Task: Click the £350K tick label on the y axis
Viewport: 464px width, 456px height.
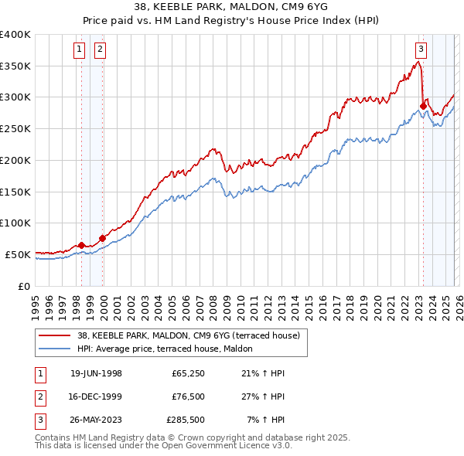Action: (x=15, y=66)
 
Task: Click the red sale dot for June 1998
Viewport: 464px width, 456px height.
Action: (x=82, y=245)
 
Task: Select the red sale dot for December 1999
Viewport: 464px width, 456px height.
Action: (x=102, y=238)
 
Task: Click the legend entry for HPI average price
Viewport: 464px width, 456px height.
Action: (x=171, y=349)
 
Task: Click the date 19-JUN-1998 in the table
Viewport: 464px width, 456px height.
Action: (x=96, y=374)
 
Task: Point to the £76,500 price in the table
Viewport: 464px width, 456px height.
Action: (x=189, y=397)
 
